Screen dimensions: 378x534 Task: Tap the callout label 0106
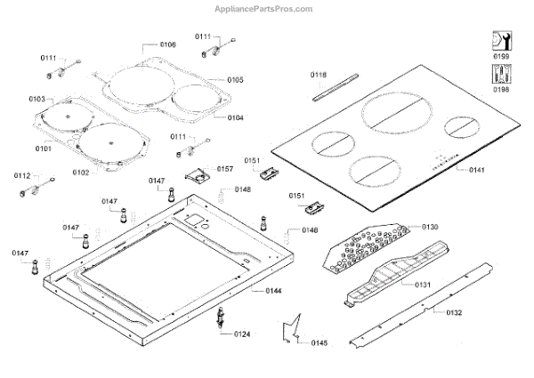[x=167, y=44]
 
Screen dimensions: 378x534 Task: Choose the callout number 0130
[x=431, y=228]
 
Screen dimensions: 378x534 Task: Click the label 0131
[x=423, y=285]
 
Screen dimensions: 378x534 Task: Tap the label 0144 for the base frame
[x=248, y=291]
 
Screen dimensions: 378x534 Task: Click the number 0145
[x=320, y=342]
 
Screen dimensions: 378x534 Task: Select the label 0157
[x=225, y=168]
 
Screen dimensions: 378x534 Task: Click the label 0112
[x=22, y=176]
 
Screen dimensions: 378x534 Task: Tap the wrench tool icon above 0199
[x=500, y=42]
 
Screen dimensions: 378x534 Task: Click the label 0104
[x=235, y=117]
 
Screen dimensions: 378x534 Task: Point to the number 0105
[x=235, y=80]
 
